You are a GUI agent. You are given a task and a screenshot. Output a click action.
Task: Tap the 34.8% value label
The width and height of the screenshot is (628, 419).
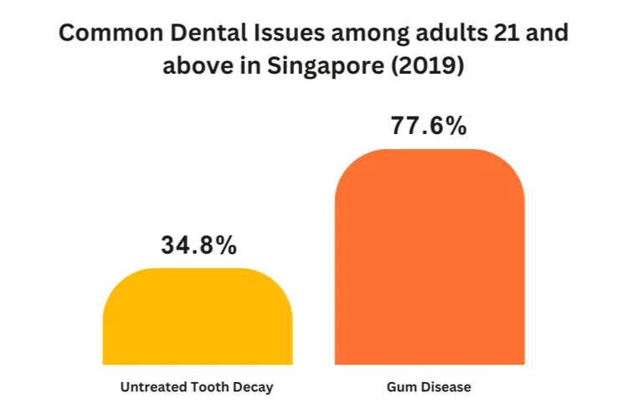[x=198, y=246]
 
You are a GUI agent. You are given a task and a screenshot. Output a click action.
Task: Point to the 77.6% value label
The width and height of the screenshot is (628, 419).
[x=429, y=127]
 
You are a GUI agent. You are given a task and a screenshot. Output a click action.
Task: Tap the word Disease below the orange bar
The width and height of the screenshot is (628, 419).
[x=445, y=388]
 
